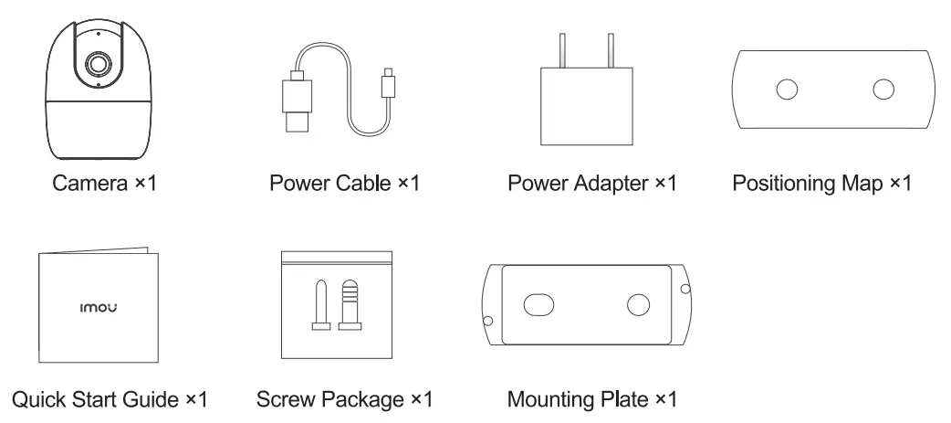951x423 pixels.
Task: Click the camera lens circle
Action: click(x=96, y=62)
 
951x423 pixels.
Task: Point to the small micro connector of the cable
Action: click(x=386, y=82)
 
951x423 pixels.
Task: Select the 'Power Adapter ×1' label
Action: click(x=592, y=184)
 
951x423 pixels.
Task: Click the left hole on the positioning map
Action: click(x=787, y=89)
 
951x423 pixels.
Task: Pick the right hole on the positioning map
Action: click(x=883, y=89)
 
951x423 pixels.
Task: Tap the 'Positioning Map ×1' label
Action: click(x=821, y=184)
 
